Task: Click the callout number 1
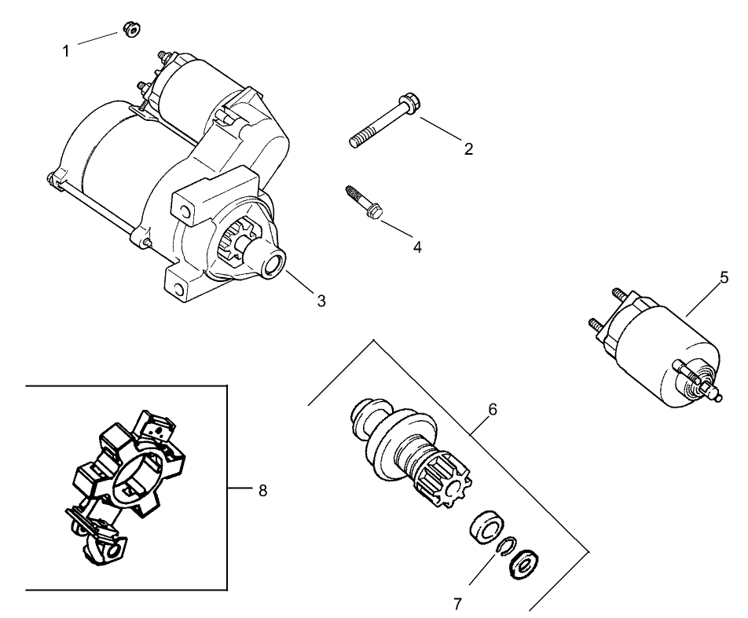pos(66,51)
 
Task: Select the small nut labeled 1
pos(130,31)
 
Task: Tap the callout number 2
pos(468,148)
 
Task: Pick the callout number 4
pos(417,247)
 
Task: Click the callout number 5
pos(724,277)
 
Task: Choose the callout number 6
pos(493,409)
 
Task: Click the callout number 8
pos(262,490)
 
